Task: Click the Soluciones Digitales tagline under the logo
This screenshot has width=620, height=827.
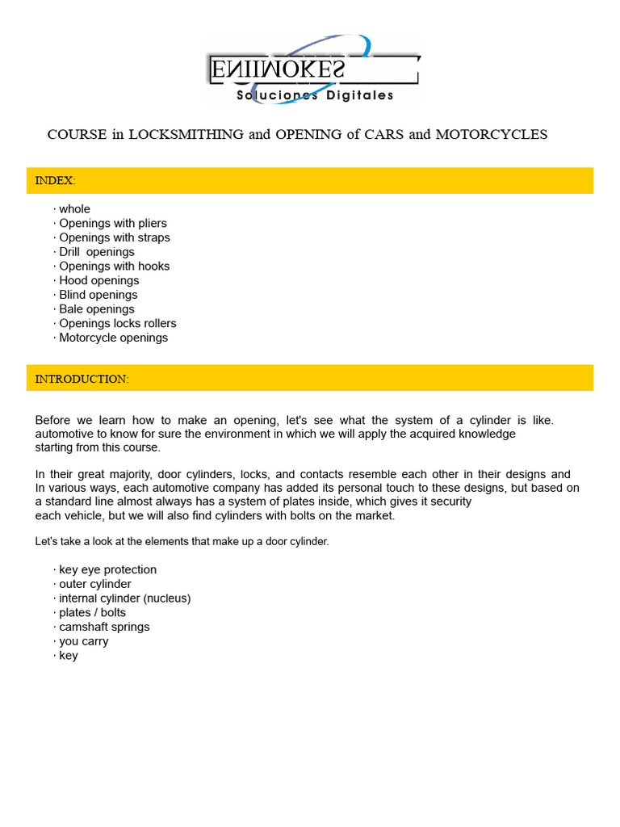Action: coord(315,95)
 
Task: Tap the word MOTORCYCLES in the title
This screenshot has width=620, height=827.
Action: coord(491,135)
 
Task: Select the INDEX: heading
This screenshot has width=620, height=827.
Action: coord(55,181)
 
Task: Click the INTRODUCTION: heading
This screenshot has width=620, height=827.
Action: coord(82,379)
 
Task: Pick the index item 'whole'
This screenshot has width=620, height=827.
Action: coord(74,209)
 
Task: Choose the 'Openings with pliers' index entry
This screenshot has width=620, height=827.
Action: coord(113,224)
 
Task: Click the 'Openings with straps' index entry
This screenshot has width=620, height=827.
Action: coord(115,238)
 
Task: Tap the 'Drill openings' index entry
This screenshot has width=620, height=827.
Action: coord(97,252)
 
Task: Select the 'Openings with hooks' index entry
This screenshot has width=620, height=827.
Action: coord(114,267)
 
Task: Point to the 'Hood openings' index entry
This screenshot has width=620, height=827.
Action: coord(99,281)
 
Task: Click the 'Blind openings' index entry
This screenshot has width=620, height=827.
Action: coord(98,295)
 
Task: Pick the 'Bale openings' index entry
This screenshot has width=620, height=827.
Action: coord(97,309)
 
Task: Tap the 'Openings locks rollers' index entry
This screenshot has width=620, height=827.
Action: coord(118,324)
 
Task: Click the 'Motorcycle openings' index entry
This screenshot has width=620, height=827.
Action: coord(114,338)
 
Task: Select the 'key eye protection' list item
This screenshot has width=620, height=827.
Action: coord(107,570)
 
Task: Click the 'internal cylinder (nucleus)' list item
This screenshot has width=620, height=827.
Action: coord(125,598)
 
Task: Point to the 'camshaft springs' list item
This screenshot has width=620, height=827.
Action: coord(104,628)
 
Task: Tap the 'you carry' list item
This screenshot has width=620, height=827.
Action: coord(83,642)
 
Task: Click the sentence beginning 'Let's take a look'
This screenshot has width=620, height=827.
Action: coord(182,542)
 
